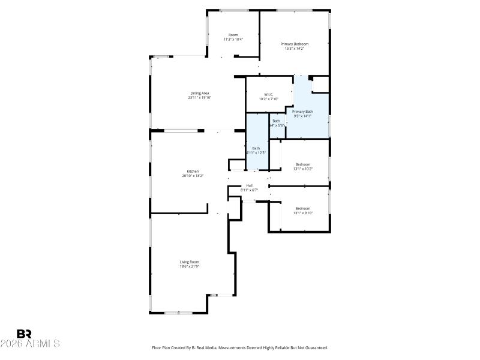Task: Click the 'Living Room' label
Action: coord(189,262)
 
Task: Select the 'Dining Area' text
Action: coord(199,93)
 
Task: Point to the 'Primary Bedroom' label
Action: coord(294,44)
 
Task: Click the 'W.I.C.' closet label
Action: coord(269,94)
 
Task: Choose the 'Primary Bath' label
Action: coord(302,112)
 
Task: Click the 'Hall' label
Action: coord(249,185)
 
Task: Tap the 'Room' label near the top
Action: coord(233,35)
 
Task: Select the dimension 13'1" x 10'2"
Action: coord(302,169)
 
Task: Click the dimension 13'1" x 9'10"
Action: coord(302,212)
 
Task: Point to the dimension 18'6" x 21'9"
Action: coord(189,266)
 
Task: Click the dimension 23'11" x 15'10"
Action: coord(199,98)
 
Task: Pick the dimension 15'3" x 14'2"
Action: coord(294,49)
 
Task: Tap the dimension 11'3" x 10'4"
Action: coord(233,40)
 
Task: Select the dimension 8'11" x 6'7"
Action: coord(249,190)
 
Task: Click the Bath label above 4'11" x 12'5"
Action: coord(256,148)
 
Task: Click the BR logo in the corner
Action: coord(25,334)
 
